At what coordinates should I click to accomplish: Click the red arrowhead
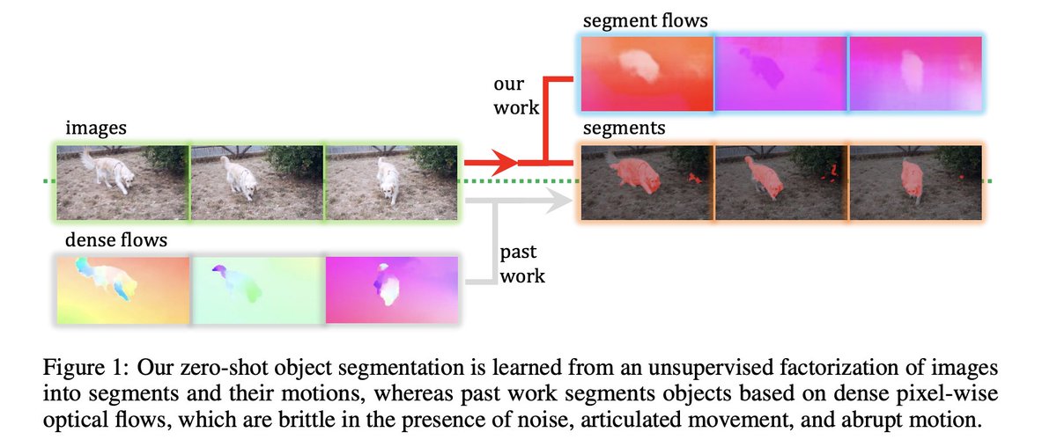click(505, 163)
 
